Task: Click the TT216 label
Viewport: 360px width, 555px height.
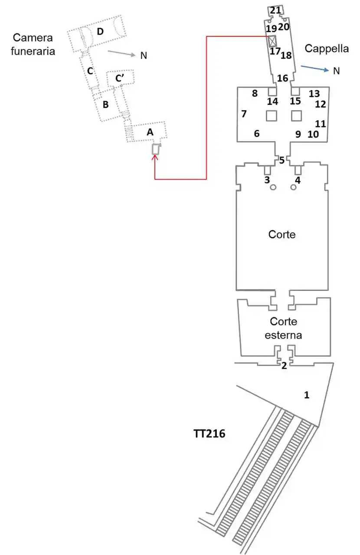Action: (209, 433)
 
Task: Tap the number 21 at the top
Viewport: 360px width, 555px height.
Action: (275, 10)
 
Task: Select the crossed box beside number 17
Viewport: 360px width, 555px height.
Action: (272, 42)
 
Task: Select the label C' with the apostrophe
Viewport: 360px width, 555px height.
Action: (121, 78)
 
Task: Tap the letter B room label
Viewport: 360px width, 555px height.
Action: (105, 104)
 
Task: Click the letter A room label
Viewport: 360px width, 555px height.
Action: (150, 133)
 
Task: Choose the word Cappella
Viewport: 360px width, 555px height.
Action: (327, 49)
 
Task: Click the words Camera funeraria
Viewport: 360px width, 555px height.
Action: (34, 44)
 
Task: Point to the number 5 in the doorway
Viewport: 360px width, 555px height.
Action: (282, 160)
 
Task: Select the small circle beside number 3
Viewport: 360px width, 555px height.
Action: (273, 187)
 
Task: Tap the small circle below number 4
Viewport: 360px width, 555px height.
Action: (294, 187)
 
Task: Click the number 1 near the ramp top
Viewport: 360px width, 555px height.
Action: (307, 395)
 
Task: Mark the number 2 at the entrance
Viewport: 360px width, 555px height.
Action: (284, 366)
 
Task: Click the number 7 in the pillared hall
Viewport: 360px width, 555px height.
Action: (244, 114)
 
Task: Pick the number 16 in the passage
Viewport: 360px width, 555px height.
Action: (282, 78)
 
